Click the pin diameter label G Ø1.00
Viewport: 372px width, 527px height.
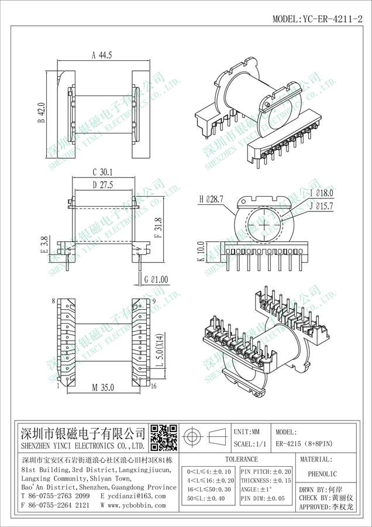pos(156,280)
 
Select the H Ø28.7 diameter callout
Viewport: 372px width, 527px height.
pos(212,200)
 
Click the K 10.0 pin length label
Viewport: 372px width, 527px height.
pos(201,252)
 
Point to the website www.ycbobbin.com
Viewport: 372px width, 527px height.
pos(134,505)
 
